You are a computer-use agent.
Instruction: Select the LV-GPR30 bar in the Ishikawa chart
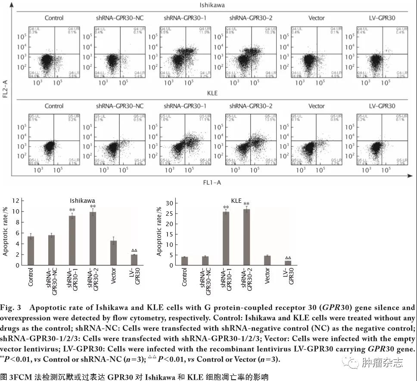click(x=134, y=260)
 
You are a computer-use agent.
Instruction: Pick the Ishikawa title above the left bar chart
click(x=83, y=201)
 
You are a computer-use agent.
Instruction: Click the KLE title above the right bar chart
click(x=237, y=201)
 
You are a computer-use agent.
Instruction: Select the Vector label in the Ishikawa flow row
click(x=317, y=18)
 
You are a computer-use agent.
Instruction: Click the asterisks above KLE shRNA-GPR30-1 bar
click(x=226, y=208)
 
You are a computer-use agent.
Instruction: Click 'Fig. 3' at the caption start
click(x=9, y=308)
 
